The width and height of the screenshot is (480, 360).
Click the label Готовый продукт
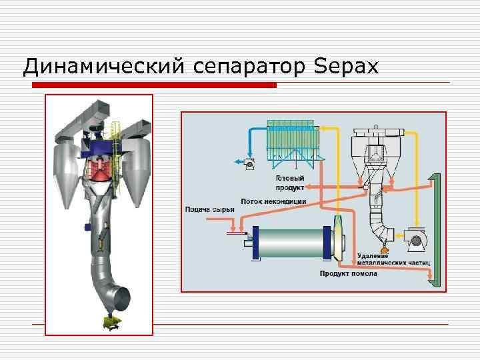pos(291,183)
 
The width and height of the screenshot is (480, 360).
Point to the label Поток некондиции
pos(273,201)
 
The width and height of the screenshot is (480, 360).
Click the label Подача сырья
pos(209,210)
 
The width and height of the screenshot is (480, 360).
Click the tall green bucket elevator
pos(435,230)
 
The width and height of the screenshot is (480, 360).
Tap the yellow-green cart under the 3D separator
pos(109,322)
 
